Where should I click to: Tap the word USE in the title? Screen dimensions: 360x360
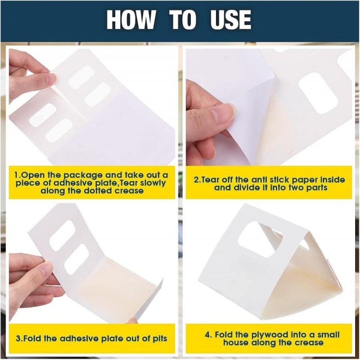pos(230,20)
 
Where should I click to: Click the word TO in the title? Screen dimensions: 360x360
pos(183,20)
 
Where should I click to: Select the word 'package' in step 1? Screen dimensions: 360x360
pos(83,176)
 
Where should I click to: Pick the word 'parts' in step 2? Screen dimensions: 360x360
pos(316,188)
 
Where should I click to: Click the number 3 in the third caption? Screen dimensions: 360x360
pos(18,338)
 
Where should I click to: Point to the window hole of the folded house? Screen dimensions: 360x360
pos(260,239)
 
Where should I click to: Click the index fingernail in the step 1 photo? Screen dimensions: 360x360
pos(50,78)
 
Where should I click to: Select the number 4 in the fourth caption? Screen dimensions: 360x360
pos(208,335)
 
